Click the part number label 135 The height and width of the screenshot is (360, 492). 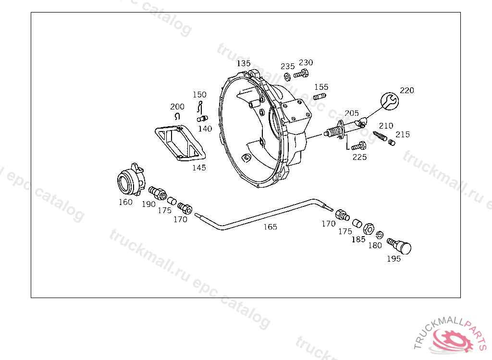click(244, 63)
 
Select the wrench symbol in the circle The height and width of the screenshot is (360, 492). click(389, 101)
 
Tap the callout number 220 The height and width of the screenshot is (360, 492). click(407, 90)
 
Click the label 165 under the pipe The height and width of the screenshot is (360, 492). click(270, 227)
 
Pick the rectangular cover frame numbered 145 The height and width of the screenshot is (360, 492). click(180, 143)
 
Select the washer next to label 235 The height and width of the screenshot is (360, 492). click(287, 76)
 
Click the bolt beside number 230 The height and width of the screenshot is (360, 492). click(301, 74)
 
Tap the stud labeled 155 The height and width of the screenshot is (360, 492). click(320, 96)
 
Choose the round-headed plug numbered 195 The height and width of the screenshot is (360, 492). click(399, 246)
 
